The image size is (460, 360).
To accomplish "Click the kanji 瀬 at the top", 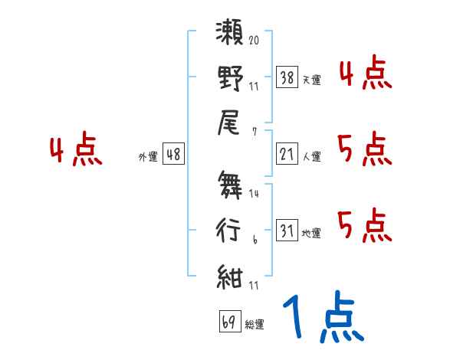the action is (x=230, y=37).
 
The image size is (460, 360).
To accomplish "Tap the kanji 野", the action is (x=230, y=80).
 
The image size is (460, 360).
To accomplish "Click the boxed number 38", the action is (x=287, y=77).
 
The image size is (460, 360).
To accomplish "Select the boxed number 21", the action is (x=287, y=155).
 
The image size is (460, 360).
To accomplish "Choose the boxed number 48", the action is (x=173, y=155).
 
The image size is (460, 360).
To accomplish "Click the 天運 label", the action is (x=312, y=80).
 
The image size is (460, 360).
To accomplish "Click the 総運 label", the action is (x=255, y=324).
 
